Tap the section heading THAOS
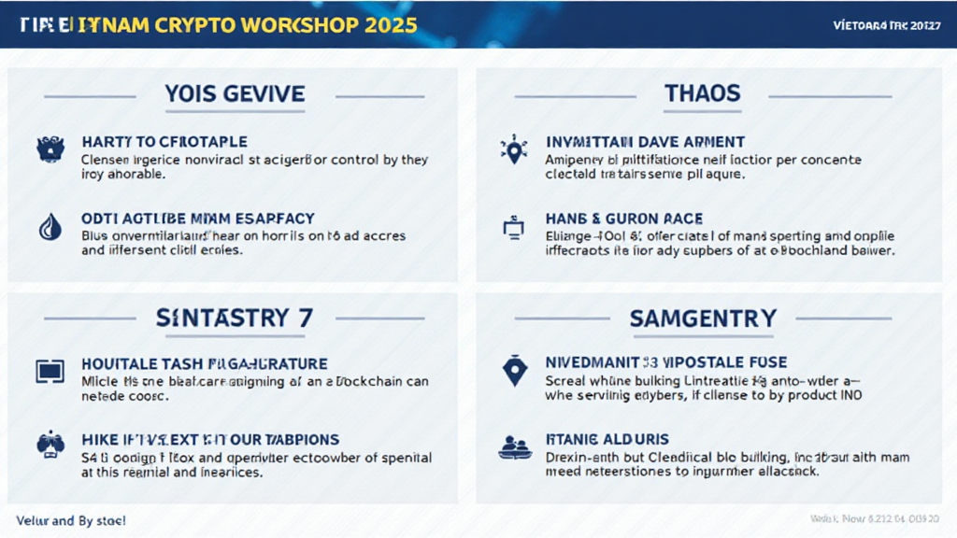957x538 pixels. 702,93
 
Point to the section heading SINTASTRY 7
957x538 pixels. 234,318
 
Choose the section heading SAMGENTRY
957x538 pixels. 703,318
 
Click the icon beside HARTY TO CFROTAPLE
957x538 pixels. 49,149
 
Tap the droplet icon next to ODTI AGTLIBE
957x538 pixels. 48,227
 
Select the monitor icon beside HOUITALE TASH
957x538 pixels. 49,371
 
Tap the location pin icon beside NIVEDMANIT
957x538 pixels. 514,371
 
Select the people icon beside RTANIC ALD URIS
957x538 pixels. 514,446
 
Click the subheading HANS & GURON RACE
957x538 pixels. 622,219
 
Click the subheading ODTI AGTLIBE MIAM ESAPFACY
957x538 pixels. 198,219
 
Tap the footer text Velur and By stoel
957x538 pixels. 71,519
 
